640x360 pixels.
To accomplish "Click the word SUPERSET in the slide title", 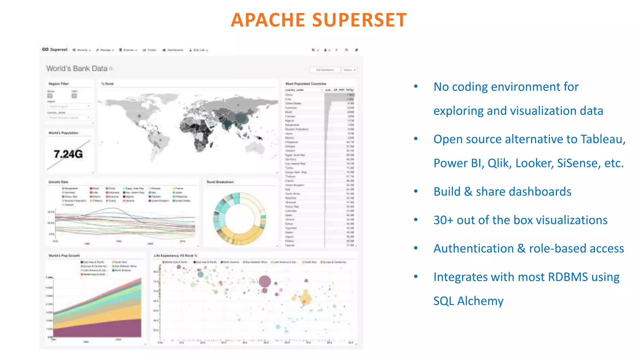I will pyautogui.click(x=359, y=20).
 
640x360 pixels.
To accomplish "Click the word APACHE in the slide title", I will pyautogui.click(x=268, y=20).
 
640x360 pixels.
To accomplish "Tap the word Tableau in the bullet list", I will pyautogui.click(x=602, y=139).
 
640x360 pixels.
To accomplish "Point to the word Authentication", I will pyautogui.click(x=473, y=248).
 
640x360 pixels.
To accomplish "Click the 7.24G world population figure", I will pyautogui.click(x=68, y=154).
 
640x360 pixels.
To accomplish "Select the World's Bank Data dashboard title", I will pyautogui.click(x=77, y=68).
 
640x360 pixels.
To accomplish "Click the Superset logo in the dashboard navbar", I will pyautogui.click(x=55, y=50).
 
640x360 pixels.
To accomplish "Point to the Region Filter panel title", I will pyautogui.click(x=58, y=84).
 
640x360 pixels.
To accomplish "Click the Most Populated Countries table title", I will pyautogui.click(x=306, y=84).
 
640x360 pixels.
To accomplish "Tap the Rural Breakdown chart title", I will pyautogui.click(x=220, y=182).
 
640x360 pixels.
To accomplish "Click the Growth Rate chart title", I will pyautogui.click(x=58, y=182).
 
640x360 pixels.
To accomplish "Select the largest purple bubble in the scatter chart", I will pyautogui.click(x=265, y=282).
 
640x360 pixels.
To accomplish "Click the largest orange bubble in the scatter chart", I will pyautogui.click(x=306, y=299).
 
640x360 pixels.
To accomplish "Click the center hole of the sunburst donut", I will pyautogui.click(x=240, y=218).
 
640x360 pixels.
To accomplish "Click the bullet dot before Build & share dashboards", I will pyautogui.click(x=416, y=191).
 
